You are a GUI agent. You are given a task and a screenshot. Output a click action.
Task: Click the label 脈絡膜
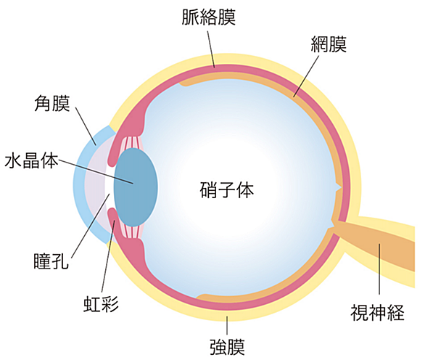pyautogui.click(x=208, y=17)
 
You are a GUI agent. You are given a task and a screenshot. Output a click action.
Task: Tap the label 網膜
pyautogui.click(x=329, y=44)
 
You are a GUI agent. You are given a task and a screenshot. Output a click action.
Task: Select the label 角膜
pyautogui.click(x=52, y=103)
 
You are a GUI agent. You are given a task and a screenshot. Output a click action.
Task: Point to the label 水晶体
pyautogui.click(x=31, y=160)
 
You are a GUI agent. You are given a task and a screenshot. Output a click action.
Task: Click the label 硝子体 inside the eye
pyautogui.click(x=227, y=190)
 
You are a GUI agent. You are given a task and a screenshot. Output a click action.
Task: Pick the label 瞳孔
pyautogui.click(x=51, y=261)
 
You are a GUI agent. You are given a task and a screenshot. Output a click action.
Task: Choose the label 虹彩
pyautogui.click(x=101, y=303)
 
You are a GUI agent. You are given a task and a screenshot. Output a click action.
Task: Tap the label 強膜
pyautogui.click(x=227, y=347)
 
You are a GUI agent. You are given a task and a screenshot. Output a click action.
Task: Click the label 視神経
pyautogui.click(x=377, y=313)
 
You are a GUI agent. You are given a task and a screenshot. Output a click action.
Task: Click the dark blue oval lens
pyautogui.click(x=136, y=187)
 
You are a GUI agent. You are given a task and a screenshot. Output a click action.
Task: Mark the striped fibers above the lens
pyautogui.click(x=133, y=142)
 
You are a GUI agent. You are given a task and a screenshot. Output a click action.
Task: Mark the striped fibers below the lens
pyautogui.click(x=133, y=232)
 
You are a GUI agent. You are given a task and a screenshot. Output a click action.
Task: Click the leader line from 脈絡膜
pyautogui.click(x=211, y=49)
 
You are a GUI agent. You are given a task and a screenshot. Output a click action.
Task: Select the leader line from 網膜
pyautogui.click(x=306, y=76)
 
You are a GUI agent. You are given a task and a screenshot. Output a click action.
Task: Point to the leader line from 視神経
pyautogui.click(x=379, y=269)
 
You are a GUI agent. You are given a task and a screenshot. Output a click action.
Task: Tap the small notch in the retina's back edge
pyautogui.click(x=339, y=188)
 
